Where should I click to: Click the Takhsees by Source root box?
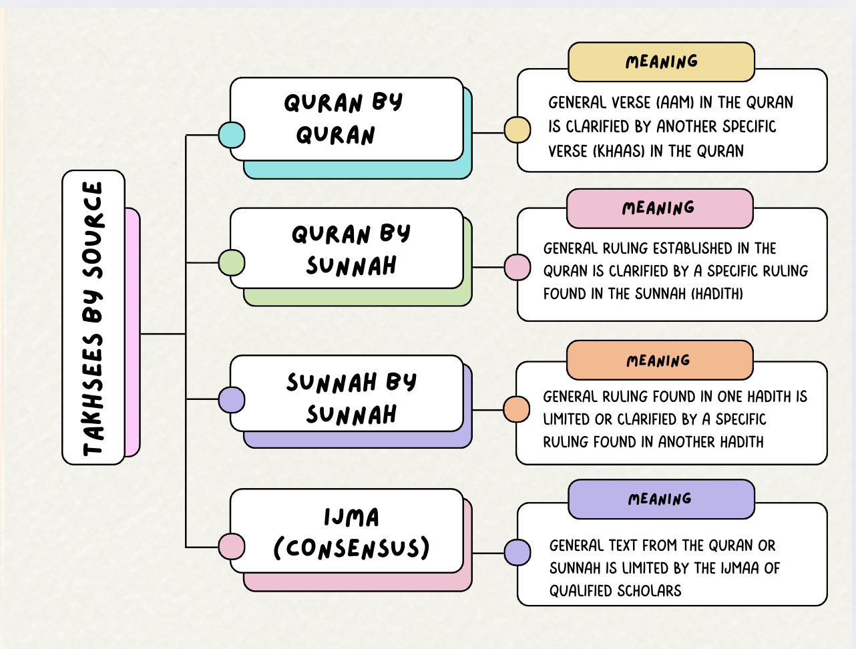point(93,318)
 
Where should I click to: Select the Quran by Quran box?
point(346,119)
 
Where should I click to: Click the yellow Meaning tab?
point(661,62)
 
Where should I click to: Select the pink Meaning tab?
point(659,208)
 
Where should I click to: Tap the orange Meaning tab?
point(659,361)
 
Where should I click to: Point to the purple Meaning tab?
point(660,499)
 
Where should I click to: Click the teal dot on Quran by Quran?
point(231,134)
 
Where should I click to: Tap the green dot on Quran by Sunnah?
point(231,262)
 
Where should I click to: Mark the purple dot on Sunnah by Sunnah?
point(231,400)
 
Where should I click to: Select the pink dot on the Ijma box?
point(231,546)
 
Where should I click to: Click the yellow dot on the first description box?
point(517,130)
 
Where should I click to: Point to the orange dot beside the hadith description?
point(516,409)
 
